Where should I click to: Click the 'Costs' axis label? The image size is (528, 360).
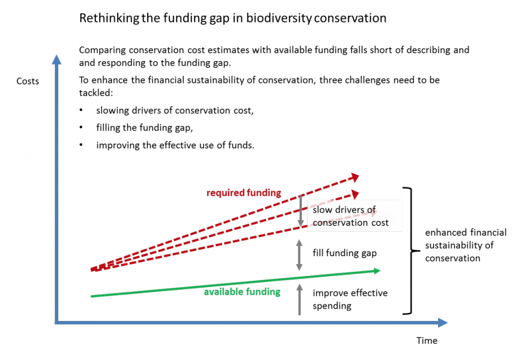click(x=28, y=81)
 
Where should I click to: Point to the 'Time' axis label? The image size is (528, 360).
click(x=427, y=340)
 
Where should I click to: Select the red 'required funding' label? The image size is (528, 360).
click(x=244, y=193)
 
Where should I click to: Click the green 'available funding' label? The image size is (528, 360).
click(x=242, y=292)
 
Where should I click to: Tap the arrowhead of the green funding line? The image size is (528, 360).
click(x=377, y=270)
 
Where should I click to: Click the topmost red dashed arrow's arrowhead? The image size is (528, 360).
click(x=354, y=177)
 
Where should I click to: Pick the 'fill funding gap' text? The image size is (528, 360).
click(x=345, y=253)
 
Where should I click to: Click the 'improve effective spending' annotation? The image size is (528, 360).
click(x=350, y=299)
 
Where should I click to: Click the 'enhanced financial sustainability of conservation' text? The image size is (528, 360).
click(x=466, y=245)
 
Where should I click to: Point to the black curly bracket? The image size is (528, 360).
click(x=409, y=251)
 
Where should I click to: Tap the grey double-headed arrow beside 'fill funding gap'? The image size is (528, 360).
click(x=299, y=255)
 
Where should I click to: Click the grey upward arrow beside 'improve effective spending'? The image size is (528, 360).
click(x=299, y=299)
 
